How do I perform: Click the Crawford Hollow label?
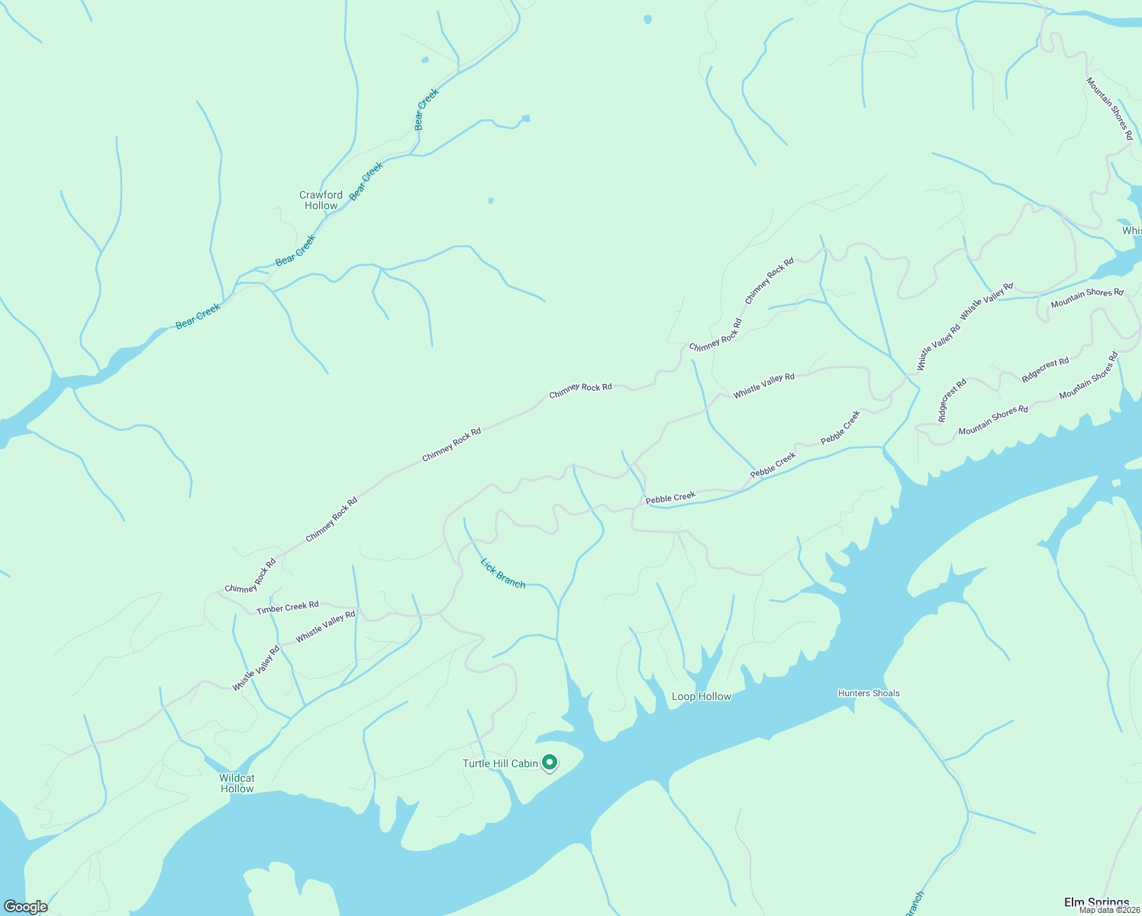point(321,201)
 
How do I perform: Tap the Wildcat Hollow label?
point(237,783)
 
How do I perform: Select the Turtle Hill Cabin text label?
point(500,763)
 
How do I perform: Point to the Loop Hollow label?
point(701,696)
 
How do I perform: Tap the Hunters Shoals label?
point(869,693)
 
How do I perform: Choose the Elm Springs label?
point(1096,902)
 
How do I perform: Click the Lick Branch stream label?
point(503,573)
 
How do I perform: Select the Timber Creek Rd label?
point(288,608)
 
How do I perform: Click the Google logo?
point(26,907)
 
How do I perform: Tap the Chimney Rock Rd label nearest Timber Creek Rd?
point(250,577)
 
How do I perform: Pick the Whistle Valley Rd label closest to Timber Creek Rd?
point(326,626)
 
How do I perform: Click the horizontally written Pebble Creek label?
point(671,498)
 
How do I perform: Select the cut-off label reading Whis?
point(1131,231)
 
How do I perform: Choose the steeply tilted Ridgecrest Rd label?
point(952,400)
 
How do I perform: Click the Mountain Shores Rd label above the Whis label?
point(1109,108)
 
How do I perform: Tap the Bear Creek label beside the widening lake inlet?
point(198,315)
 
